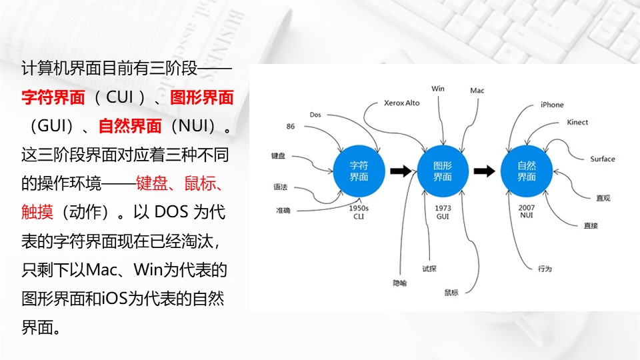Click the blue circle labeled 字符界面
[x=359, y=171]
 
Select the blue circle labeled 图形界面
[x=443, y=171]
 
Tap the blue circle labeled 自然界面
[x=527, y=171]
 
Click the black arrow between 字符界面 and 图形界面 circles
[x=401, y=171]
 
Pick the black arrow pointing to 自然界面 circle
[x=485, y=171]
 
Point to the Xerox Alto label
[x=401, y=103]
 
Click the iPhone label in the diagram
[x=552, y=105]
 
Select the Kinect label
[x=577, y=122]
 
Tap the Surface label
[x=603, y=159]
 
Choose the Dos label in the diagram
[x=315, y=115]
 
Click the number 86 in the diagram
[x=290, y=127]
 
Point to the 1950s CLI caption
[x=359, y=212]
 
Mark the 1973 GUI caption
[x=443, y=212]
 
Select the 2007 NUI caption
[x=527, y=211]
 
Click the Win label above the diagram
[x=438, y=89]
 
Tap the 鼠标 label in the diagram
[x=451, y=292]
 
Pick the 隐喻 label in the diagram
[x=399, y=283]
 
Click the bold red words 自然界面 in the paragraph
[x=130, y=126]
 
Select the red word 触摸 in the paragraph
[x=37, y=212]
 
